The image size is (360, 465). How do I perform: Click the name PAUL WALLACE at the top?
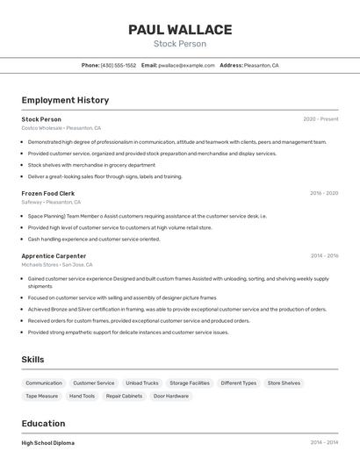(180, 30)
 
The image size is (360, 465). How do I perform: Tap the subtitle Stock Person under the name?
(180, 44)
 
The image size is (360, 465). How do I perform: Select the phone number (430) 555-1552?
(119, 65)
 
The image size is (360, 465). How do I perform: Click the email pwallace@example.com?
(186, 65)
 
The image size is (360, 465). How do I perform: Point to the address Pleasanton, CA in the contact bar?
(261, 65)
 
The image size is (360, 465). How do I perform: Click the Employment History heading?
(65, 100)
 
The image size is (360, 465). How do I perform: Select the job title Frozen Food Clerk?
(48, 193)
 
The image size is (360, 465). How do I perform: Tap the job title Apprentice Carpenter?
(54, 256)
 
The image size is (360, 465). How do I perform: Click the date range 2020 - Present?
(320, 119)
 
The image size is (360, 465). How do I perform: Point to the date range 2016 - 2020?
(324, 193)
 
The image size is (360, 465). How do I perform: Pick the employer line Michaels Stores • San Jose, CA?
(57, 264)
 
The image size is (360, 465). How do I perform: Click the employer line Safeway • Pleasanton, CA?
(52, 202)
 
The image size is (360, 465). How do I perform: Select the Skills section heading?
(33, 360)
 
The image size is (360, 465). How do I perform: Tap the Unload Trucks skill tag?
(142, 383)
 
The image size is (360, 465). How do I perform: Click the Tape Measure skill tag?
(41, 396)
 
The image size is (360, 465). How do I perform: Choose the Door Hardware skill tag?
(171, 396)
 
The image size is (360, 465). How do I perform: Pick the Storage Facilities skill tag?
(190, 383)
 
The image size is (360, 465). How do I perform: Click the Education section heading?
(43, 423)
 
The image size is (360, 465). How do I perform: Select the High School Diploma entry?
(48, 443)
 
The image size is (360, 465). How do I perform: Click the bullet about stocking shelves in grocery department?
(91, 165)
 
